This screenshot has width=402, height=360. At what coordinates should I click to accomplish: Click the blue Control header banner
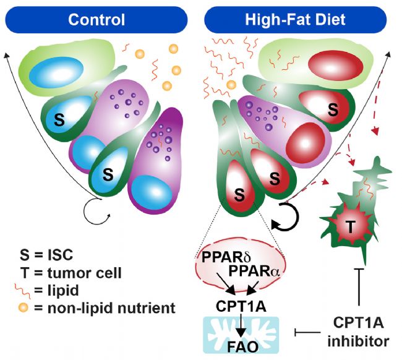point(96,20)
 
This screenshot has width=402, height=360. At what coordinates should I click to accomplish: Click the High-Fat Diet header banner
point(296,20)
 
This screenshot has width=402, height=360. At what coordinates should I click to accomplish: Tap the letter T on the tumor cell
point(351,226)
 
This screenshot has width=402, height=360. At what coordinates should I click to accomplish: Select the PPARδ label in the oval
point(226,257)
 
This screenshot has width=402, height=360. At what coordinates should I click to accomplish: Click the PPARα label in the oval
point(254,271)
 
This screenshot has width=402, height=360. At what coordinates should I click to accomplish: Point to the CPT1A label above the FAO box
point(241,306)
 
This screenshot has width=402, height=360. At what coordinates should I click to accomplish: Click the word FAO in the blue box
point(243,347)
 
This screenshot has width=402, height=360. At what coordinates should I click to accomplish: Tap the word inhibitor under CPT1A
point(359,341)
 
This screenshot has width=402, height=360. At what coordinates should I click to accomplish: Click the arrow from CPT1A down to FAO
point(241,324)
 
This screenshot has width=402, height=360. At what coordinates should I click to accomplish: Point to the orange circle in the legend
point(24,307)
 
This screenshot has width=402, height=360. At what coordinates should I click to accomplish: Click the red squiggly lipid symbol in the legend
point(22,291)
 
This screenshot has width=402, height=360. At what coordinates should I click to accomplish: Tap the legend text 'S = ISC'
point(46,255)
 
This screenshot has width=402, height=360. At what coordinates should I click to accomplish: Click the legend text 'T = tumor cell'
point(71,273)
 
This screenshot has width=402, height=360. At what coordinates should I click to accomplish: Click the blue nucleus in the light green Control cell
point(56,72)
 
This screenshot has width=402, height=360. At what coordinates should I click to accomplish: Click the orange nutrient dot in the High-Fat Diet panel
point(231,85)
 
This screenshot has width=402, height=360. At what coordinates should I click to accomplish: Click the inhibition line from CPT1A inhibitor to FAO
point(307,333)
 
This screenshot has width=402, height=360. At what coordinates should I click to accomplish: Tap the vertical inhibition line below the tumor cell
point(359,286)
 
